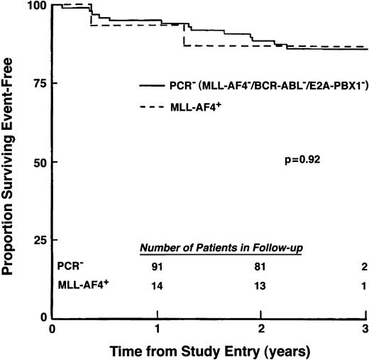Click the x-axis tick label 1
click(157, 330)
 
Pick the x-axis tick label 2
click(261, 330)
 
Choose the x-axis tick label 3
click(365, 330)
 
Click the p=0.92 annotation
click(301, 161)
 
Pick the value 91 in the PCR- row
click(158, 266)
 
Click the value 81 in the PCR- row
click(260, 266)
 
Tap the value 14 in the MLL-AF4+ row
click(158, 285)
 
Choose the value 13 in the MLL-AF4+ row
click(260, 285)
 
